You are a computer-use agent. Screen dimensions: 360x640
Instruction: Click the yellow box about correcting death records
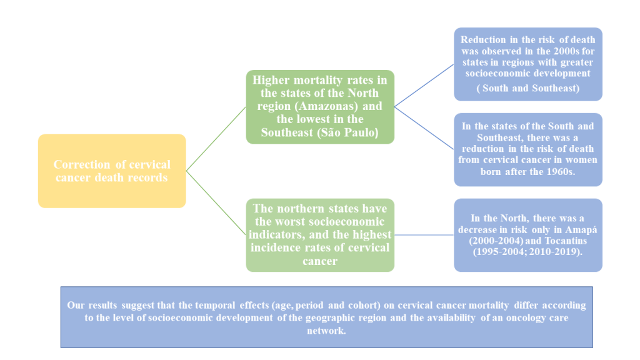point(112,171)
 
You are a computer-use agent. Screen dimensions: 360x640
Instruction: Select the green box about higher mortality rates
point(320,106)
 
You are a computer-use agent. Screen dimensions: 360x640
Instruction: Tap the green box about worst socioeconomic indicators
point(320,235)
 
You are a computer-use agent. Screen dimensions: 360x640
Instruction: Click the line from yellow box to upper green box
point(216,139)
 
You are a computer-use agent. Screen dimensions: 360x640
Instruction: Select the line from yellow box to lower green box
point(216,202)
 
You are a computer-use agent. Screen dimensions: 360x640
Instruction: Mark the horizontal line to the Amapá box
point(424,235)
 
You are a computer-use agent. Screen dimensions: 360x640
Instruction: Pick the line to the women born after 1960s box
point(424,127)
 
